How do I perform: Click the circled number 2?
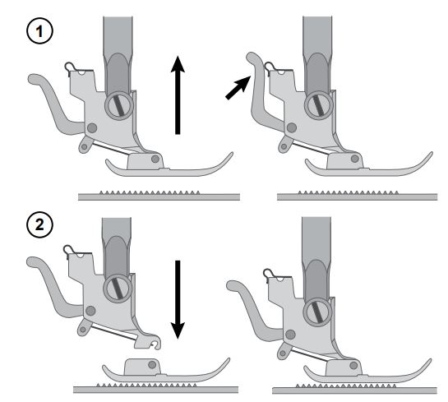pyautogui.click(x=39, y=225)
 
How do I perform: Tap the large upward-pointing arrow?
pyautogui.click(x=178, y=95)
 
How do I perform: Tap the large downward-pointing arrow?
pyautogui.click(x=178, y=300)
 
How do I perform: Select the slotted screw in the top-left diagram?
pyautogui.click(x=119, y=105)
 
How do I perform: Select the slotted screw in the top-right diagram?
pyautogui.click(x=319, y=105)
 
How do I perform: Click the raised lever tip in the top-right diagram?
pyautogui.click(x=252, y=57)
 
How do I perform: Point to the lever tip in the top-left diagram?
pyautogui.click(x=35, y=79)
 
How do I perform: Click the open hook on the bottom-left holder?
pyautogui.click(x=155, y=344)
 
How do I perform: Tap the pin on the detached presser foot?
pyautogui.click(x=152, y=364)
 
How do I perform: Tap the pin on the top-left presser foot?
pyautogui.click(x=155, y=159)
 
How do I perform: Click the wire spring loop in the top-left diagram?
pyautogui.click(x=68, y=67)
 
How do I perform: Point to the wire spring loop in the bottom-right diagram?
pyautogui.click(x=267, y=274)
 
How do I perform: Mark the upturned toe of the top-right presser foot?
pyautogui.click(x=427, y=159)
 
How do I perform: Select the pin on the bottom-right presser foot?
pyautogui.click(x=353, y=365)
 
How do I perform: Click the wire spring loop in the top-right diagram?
pyautogui.click(x=269, y=67)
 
